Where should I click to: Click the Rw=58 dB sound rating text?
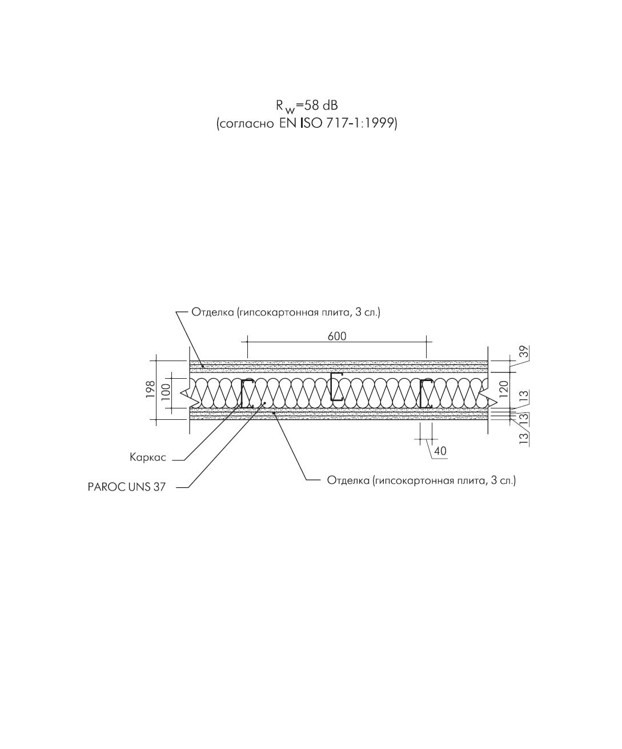(307, 107)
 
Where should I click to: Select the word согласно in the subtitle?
(246, 124)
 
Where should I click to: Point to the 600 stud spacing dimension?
(337, 336)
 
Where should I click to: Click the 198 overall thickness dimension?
(150, 389)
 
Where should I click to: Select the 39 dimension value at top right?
(524, 351)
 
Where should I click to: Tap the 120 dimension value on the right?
(504, 389)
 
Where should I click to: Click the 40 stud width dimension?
(440, 451)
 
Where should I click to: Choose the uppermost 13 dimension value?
(524, 396)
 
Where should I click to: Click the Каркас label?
(148, 458)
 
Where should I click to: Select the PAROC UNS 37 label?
(127, 487)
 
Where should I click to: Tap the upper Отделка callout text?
(286, 312)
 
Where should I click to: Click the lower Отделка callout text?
(422, 480)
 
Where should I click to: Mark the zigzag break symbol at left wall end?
(187, 393)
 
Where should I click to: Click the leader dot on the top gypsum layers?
(203, 366)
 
